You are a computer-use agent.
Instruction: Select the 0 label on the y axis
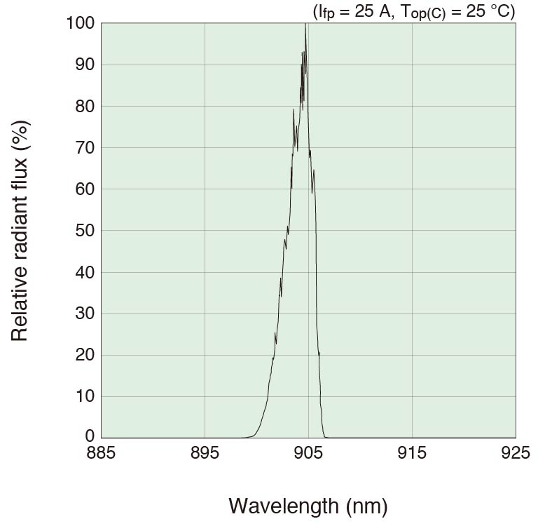tap(88, 438)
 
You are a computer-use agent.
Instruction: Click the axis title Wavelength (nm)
tap(308, 505)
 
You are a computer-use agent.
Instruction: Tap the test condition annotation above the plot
tap(413, 11)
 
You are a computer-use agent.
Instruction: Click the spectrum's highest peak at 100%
tap(305, 25)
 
